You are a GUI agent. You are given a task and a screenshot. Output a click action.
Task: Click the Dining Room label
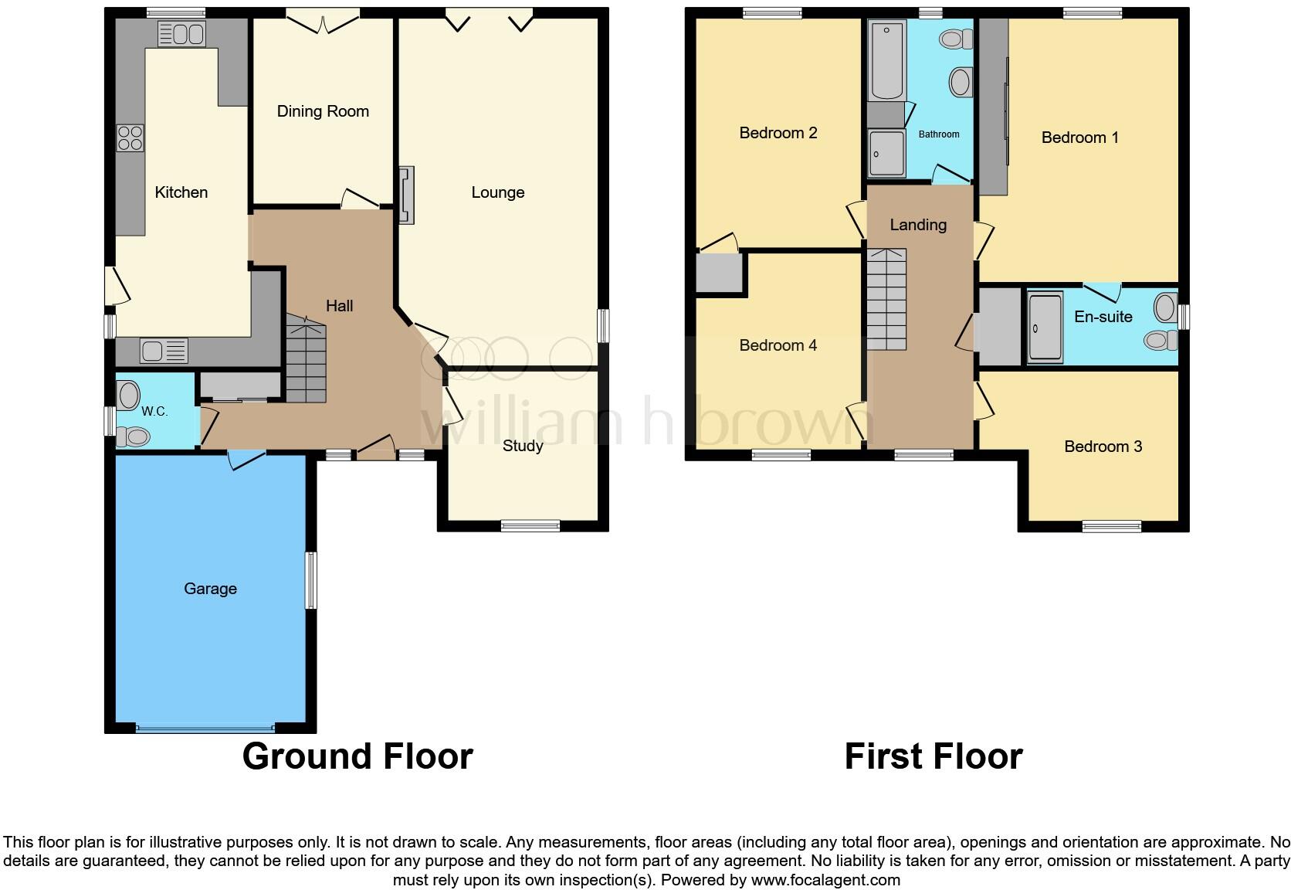point(323,111)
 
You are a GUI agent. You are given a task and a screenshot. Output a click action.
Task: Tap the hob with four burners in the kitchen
point(130,138)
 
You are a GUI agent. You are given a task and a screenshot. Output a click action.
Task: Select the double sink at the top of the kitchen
point(181,34)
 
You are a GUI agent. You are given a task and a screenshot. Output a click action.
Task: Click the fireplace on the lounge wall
point(405,195)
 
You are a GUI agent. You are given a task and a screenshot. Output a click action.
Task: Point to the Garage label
point(210,589)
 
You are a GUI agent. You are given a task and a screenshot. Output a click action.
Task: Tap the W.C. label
point(154,411)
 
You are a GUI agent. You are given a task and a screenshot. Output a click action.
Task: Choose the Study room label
point(523,446)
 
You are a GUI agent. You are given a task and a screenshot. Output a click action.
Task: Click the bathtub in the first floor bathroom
point(887,62)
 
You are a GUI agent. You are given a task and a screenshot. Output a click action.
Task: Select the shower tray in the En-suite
point(1045,328)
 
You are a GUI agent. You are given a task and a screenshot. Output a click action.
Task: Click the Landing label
point(918,225)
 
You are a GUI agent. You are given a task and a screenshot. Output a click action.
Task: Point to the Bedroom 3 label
point(1103,447)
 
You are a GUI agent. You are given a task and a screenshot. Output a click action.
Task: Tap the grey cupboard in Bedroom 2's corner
point(720,273)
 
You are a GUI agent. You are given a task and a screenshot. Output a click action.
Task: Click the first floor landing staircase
point(886,299)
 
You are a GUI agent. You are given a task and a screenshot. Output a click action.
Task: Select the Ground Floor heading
point(357,756)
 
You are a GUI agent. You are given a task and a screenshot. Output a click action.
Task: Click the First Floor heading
point(933,756)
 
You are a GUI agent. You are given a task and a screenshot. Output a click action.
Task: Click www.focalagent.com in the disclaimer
point(825,880)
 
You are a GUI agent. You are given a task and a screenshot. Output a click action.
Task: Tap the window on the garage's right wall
point(310,579)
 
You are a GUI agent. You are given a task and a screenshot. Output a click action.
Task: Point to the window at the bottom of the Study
point(530,526)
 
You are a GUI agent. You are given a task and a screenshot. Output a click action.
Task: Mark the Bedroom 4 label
point(778,345)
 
